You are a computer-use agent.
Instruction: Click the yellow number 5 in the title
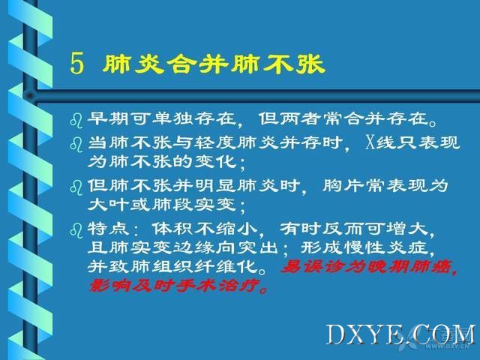(x=76, y=63)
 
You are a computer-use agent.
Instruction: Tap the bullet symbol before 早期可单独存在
(x=76, y=120)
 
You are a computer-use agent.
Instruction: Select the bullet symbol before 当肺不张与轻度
(x=76, y=144)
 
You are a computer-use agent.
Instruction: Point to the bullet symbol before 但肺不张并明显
(x=76, y=187)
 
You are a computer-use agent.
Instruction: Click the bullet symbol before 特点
(x=76, y=230)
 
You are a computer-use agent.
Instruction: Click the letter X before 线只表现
(x=370, y=142)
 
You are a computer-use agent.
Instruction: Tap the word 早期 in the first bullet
(x=108, y=118)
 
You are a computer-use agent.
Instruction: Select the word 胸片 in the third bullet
(x=343, y=185)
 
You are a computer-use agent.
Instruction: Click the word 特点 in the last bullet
(x=108, y=228)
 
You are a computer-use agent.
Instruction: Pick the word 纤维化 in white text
(x=226, y=266)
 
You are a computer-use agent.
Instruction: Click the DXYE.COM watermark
(x=400, y=334)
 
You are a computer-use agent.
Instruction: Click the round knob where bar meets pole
(x=30, y=96)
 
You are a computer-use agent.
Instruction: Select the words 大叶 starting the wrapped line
(x=108, y=205)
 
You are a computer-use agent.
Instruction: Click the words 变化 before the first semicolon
(x=215, y=161)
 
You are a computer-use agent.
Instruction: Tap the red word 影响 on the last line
(x=109, y=286)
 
